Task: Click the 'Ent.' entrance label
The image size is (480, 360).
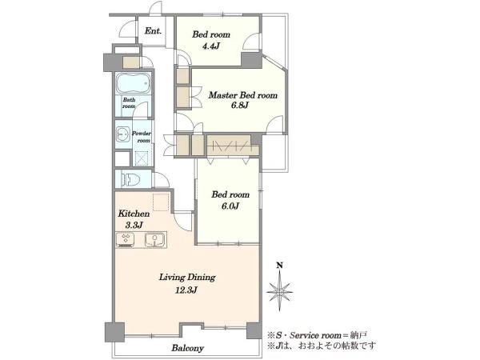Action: (153, 31)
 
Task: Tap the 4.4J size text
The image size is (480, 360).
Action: (211, 46)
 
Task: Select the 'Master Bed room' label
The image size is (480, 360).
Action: (242, 95)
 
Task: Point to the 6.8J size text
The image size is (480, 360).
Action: (240, 106)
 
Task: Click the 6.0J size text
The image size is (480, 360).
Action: (230, 206)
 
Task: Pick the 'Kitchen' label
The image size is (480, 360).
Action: (134, 214)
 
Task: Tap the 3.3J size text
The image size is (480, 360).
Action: (134, 226)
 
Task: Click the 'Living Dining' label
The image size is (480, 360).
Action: (187, 278)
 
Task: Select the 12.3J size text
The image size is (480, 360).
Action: (186, 290)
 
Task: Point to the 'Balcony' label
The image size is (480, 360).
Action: (188, 348)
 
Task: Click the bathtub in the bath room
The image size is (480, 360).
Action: (134, 83)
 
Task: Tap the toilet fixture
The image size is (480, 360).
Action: (130, 180)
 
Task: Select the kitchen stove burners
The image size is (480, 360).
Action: (126, 240)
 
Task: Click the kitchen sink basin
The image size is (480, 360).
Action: (155, 239)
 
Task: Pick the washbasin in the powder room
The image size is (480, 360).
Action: (123, 134)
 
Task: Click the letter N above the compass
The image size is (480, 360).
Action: (279, 266)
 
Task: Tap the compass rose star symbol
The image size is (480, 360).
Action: (279, 291)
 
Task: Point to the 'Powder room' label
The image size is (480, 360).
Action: (142, 137)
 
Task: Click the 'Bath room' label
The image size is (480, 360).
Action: (129, 103)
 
